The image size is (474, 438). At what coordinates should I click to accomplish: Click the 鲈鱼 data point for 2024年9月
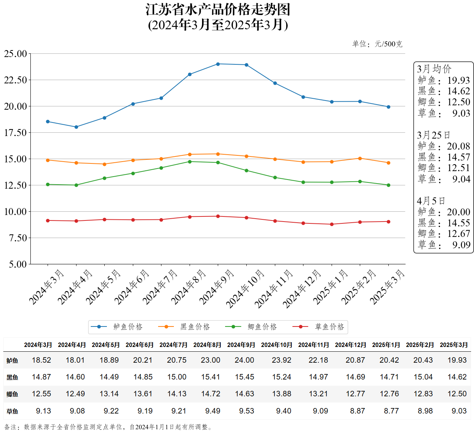(x=218, y=64)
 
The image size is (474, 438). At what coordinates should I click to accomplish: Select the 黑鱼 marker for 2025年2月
(x=360, y=158)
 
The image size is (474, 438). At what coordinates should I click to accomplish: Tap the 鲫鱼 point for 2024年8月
(x=190, y=162)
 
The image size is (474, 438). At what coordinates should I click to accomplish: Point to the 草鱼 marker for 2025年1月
(x=332, y=224)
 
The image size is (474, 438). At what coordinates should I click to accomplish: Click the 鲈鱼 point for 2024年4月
(x=76, y=127)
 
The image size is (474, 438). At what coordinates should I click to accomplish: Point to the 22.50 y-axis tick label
(x=15, y=80)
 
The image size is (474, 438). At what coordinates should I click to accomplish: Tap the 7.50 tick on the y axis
(x=18, y=238)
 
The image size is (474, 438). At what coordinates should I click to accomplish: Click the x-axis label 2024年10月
(x=245, y=289)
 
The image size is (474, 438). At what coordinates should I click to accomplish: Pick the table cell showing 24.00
(x=245, y=360)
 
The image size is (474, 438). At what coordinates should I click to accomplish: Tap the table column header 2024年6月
(x=139, y=345)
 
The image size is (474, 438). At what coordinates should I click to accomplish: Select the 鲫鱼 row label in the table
(x=12, y=394)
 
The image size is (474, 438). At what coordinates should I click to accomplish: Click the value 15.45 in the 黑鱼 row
(x=245, y=377)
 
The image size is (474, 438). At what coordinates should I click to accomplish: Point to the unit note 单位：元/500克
(x=377, y=44)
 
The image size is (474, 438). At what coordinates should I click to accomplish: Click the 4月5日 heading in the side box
(x=431, y=201)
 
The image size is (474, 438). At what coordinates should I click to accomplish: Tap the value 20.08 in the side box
(x=458, y=146)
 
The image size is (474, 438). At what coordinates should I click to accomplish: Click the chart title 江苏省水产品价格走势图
(x=218, y=10)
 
